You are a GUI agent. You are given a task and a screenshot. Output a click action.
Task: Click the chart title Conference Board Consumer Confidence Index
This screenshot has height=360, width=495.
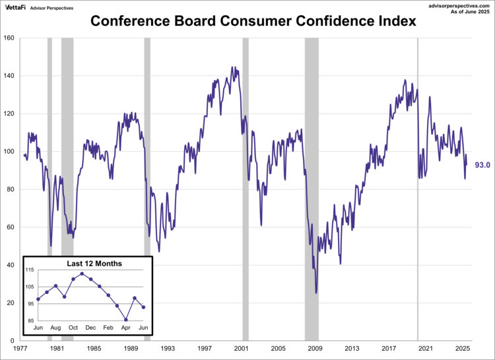(x=253, y=21)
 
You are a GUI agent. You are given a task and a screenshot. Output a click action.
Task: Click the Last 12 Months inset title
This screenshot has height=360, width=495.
(x=94, y=264)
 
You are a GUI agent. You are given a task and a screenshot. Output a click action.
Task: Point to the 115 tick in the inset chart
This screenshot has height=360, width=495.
(x=30, y=270)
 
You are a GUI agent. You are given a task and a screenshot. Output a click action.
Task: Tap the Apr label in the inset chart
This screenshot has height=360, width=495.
(x=125, y=328)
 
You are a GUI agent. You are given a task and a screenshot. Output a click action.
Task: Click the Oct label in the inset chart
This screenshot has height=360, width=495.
(x=73, y=328)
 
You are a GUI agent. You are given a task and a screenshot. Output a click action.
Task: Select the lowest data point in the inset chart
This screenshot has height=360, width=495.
(x=125, y=320)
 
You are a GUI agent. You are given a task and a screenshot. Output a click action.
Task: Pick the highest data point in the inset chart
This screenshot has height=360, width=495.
(x=82, y=273)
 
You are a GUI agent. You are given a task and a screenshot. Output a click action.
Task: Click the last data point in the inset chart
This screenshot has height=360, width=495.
(x=143, y=307)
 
